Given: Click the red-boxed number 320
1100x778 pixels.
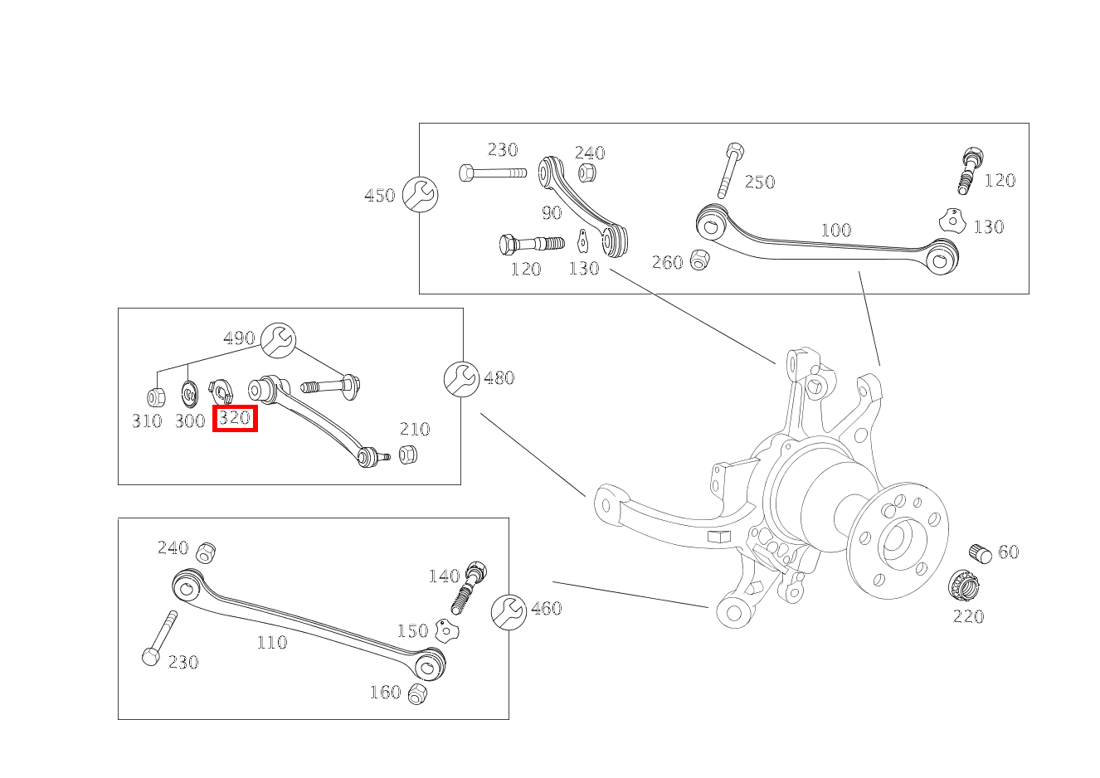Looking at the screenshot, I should [235, 418].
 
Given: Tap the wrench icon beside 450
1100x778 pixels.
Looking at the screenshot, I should [420, 195].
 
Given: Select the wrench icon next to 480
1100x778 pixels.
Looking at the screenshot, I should [460, 378].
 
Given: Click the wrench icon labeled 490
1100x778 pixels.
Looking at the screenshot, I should [278, 339].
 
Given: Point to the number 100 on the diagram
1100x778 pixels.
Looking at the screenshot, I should [835, 230].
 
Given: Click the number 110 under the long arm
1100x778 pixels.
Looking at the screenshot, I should [271, 642].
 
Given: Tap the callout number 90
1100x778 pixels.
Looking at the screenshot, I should [552, 212].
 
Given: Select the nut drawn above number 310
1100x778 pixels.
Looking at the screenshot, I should [155, 397].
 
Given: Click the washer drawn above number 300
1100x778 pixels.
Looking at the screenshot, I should [189, 391].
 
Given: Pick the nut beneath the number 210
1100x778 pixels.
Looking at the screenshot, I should [407, 455].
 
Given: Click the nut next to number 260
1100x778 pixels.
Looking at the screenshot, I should [699, 260].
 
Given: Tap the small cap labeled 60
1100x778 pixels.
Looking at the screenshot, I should [981, 553].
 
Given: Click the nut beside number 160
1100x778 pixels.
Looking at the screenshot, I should [417, 693].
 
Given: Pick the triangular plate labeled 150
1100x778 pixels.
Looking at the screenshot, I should [448, 630].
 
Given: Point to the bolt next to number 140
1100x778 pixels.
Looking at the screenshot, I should [469, 586].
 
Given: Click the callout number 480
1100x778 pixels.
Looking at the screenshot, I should [499, 378].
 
